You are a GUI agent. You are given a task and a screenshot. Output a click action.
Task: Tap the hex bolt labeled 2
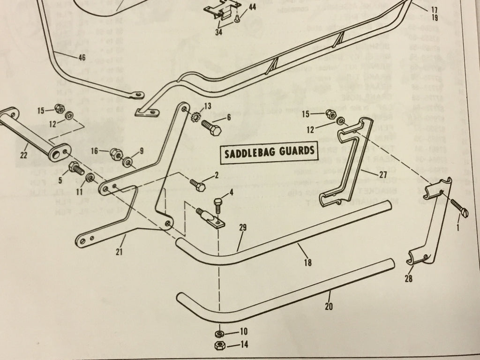197,185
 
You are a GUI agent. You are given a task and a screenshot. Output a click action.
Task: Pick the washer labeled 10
218,333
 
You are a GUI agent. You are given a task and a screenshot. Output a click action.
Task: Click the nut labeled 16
115,153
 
